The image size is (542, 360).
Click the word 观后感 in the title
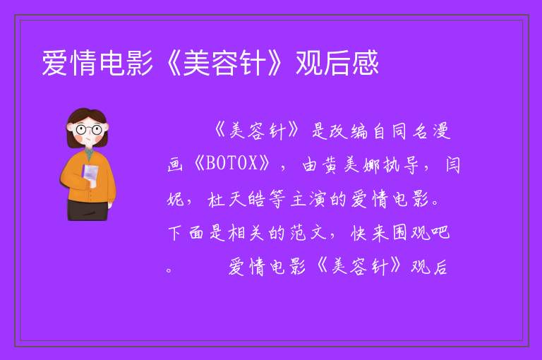pos(337,63)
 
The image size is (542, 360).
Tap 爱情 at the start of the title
pos(68,63)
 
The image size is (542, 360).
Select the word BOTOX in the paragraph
pos(231,163)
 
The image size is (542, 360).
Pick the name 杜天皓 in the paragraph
pos(237,199)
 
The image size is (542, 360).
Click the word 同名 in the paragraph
pos(411,131)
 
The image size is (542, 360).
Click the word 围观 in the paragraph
pos(411,233)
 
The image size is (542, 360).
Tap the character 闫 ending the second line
pos(452,164)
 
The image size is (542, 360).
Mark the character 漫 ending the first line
pos(442,131)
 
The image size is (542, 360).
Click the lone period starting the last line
pos(169,270)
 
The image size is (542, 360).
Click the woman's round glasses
pos(89,130)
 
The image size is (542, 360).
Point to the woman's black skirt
pos(88,210)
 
